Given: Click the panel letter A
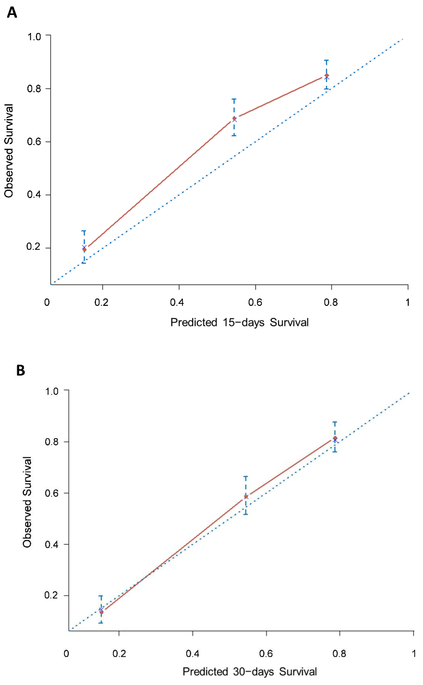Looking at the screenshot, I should click(12, 13).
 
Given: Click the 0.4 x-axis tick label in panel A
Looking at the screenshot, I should click(177, 302).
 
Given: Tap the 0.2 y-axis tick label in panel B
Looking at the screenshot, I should click(52, 595).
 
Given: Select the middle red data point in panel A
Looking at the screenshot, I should click(234, 118).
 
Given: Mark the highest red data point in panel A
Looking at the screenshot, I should click(326, 76).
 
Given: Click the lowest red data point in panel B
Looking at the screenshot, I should click(102, 612).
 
